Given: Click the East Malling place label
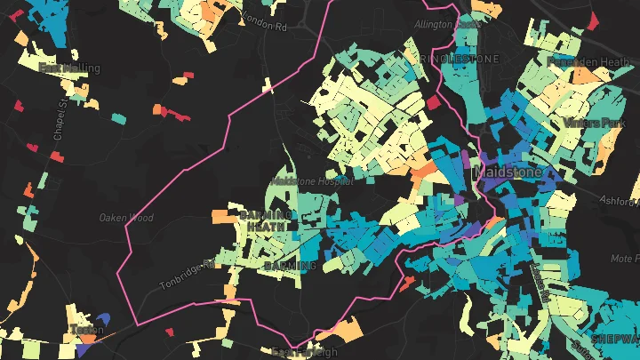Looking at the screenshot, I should [69, 68].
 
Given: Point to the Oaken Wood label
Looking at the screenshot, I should [125, 218].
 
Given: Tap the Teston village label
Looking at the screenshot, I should [87, 331].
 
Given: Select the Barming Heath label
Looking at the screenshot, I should [264, 220].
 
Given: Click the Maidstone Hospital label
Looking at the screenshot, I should [312, 180].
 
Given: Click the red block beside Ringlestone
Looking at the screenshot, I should [434, 103].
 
